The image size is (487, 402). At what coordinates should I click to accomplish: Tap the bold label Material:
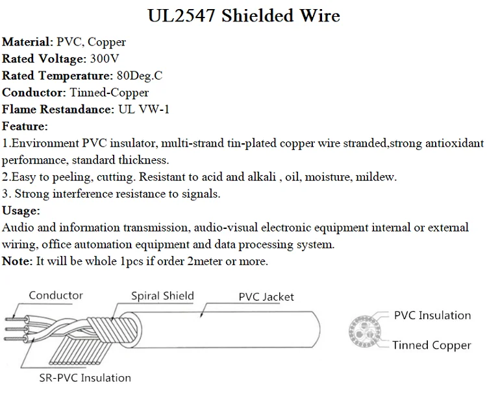pos(27,42)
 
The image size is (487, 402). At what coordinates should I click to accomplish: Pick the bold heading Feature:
pos(25,126)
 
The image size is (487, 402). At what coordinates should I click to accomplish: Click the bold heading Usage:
pos(21,211)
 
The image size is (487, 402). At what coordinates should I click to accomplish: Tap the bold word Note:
pos(17,261)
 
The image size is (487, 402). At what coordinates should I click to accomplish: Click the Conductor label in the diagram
pos(56,296)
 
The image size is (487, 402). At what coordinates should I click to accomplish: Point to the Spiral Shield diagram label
pos(162,296)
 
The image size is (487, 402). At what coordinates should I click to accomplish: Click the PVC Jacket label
pos(266,297)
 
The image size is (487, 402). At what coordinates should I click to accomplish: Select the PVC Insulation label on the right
pos(432,316)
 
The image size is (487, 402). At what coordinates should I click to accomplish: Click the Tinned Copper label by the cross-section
pos(431,345)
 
